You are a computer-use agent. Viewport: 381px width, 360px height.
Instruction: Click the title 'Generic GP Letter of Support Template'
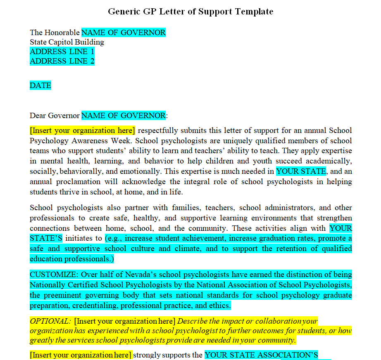tap(190, 12)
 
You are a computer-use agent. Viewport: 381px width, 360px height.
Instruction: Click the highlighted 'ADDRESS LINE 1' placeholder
tap(62, 52)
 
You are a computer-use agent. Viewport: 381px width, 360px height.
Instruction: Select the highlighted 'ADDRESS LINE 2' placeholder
tap(62, 61)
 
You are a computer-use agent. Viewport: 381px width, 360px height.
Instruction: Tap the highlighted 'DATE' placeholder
tap(40, 85)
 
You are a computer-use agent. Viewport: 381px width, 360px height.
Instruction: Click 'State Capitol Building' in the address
tap(67, 42)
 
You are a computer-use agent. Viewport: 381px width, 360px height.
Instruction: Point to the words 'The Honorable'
tap(55, 33)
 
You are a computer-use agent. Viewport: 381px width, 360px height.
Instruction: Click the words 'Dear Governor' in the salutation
tap(55, 116)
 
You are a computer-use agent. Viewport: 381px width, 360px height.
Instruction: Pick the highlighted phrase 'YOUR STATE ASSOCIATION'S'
tap(261, 355)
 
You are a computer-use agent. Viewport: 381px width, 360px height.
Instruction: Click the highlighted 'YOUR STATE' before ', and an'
tap(301, 171)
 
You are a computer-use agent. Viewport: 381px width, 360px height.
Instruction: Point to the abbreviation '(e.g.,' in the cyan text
tap(113, 238)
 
